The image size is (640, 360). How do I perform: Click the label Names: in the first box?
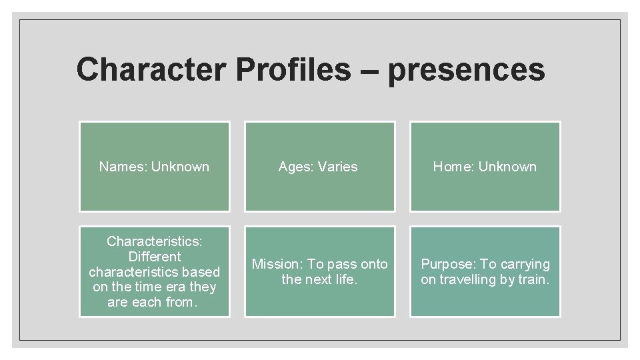click(x=123, y=167)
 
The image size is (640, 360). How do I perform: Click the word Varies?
click(x=337, y=167)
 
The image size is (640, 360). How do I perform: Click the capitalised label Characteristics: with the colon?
click(x=154, y=241)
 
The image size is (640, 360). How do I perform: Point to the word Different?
click(x=154, y=256)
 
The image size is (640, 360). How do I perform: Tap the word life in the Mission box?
click(x=347, y=279)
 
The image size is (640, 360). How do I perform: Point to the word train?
click(x=535, y=279)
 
